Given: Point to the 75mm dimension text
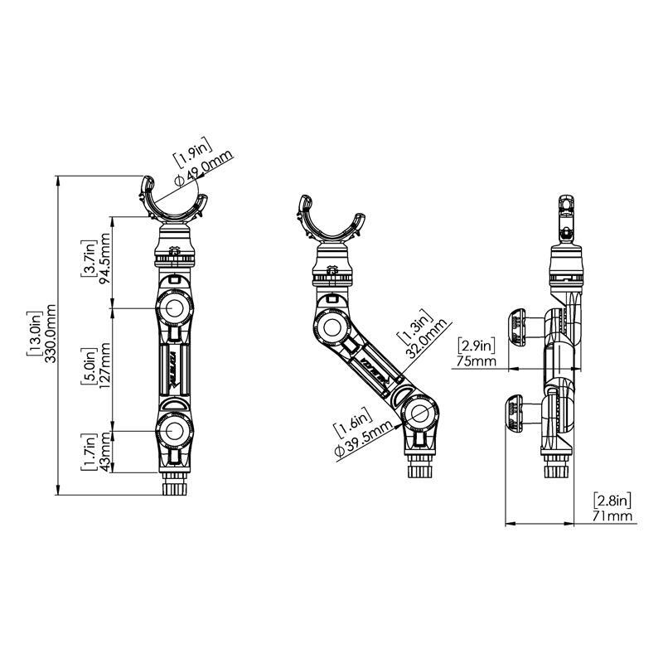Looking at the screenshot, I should click(476, 362).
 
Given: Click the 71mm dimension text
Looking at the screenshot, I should click(613, 516).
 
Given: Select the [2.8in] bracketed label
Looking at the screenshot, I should click(613, 500).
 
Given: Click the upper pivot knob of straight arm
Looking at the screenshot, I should click(174, 309).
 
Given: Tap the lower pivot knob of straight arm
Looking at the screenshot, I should click(174, 430).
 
